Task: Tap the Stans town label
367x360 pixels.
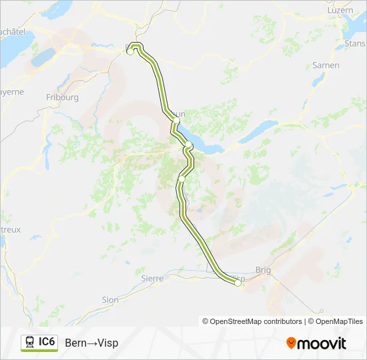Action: (354, 43)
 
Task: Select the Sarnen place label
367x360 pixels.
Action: (326, 65)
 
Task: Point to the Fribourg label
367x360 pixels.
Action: (63, 97)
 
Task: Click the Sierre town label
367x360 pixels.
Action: (152, 278)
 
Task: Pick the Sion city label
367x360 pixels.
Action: (110, 300)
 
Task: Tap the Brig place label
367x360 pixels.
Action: (264, 271)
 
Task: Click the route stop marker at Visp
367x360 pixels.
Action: (238, 283)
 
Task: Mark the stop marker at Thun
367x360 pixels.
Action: (175, 121)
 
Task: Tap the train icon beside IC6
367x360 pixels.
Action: (29, 342)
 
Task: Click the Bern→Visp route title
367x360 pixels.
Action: (91, 343)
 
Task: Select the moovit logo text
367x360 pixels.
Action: (322, 343)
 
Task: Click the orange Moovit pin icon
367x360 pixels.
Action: (291, 343)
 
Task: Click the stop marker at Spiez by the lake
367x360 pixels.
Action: (189, 145)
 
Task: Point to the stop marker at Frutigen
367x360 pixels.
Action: (181, 179)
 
